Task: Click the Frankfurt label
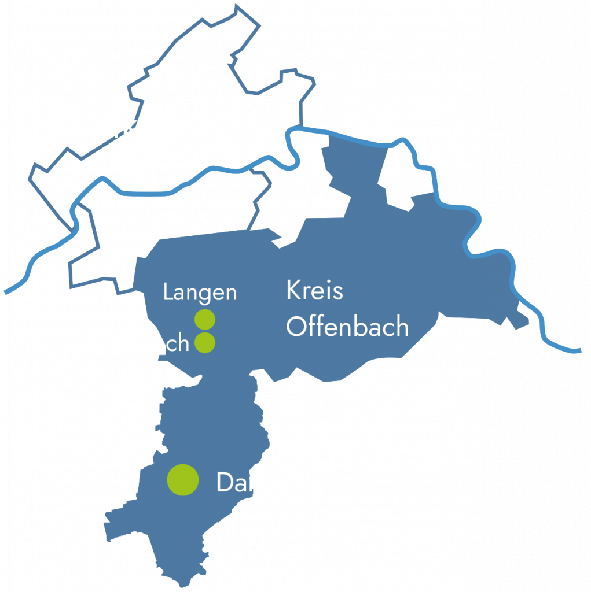tap(124, 127)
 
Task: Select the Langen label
tap(200, 293)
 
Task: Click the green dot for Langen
tap(205, 319)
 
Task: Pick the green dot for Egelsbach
tap(205, 342)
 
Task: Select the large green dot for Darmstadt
tap(183, 480)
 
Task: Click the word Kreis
tap(314, 291)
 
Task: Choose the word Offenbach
tap(347, 327)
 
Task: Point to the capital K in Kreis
tap(292, 291)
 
